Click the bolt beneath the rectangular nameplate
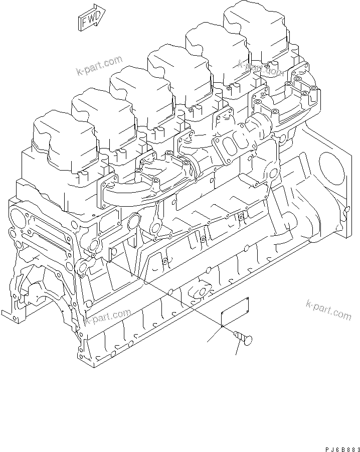(x=244, y=340)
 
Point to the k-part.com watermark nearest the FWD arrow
(x=99, y=66)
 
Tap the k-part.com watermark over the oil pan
(x=107, y=317)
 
